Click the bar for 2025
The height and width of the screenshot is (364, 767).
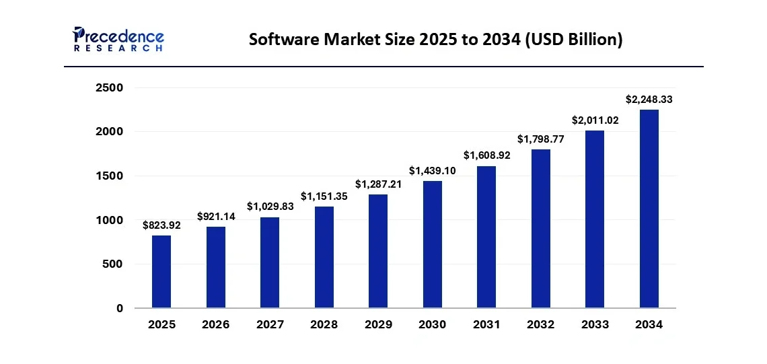click(161, 272)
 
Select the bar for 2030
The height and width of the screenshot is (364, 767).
click(432, 244)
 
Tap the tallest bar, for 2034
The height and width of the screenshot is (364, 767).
click(649, 209)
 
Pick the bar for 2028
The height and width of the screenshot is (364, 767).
click(324, 257)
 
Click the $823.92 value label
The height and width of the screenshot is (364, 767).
click(161, 225)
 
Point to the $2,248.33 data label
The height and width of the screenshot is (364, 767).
click(649, 100)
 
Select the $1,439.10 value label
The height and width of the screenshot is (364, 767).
click(432, 171)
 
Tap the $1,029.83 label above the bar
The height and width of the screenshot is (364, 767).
click(270, 207)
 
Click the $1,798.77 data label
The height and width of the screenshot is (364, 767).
click(540, 139)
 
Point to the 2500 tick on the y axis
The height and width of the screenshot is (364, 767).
click(109, 88)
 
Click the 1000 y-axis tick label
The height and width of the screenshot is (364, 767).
click(109, 220)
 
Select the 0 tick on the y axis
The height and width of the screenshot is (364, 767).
click(119, 308)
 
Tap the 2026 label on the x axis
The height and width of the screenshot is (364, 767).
click(215, 325)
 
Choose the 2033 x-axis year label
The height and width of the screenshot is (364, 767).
click(595, 325)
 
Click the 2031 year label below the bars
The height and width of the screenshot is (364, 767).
click(486, 325)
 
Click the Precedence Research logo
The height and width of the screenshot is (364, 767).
click(118, 39)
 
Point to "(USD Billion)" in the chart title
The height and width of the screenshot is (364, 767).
click(575, 40)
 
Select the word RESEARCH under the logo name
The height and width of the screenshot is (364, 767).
click(118, 49)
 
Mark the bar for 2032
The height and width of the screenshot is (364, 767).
click(540, 229)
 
